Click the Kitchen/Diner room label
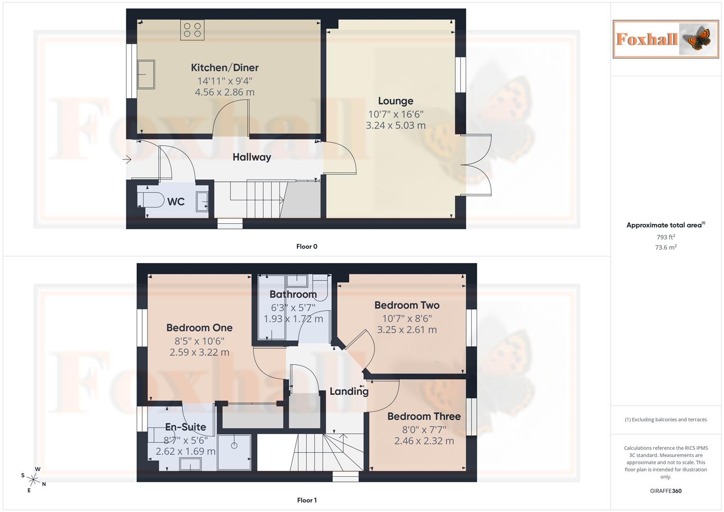click(x=225, y=68)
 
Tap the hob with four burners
click(x=192, y=30)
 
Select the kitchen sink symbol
click(x=146, y=74)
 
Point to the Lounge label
click(x=395, y=101)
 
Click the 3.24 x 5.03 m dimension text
click(x=395, y=126)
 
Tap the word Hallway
click(x=252, y=157)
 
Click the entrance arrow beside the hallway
click(x=127, y=160)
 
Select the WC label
click(x=176, y=202)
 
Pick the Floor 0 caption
click(x=307, y=247)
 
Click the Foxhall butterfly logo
click(x=666, y=39)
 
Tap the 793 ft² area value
click(x=666, y=237)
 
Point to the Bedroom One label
click(x=199, y=328)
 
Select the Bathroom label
click(x=293, y=294)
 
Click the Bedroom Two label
click(x=407, y=305)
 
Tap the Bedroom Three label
click(x=424, y=417)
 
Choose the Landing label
click(x=349, y=392)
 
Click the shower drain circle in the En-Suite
click(x=234, y=446)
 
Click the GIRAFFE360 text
click(x=666, y=491)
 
